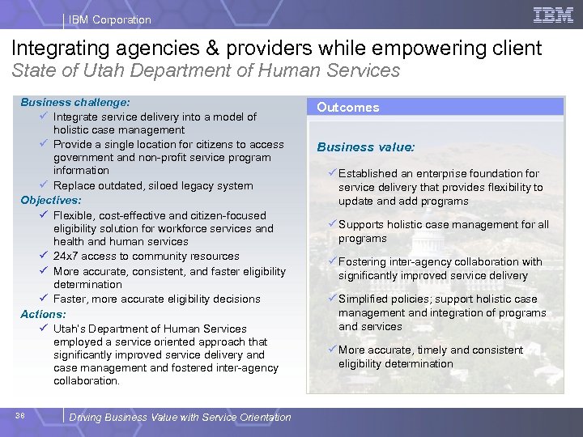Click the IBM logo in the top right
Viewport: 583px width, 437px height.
(554, 15)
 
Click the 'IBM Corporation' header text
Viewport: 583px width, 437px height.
(109, 19)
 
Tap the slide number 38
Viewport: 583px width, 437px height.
(19, 416)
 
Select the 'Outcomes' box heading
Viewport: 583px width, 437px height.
(348, 107)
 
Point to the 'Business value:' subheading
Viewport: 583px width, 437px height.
(366, 147)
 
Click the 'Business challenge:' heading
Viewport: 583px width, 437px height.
(74, 103)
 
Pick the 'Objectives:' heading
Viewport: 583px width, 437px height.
(51, 200)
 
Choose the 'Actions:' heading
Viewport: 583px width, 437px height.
(44, 314)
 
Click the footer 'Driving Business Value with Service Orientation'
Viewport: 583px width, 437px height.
(180, 418)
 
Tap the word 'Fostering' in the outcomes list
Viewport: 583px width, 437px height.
(363, 261)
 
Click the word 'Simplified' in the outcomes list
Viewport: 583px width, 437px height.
(364, 299)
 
